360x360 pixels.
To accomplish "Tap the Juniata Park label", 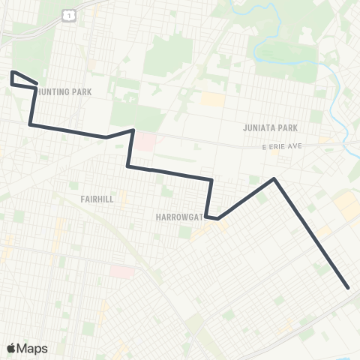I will pyautogui.click(x=271, y=127).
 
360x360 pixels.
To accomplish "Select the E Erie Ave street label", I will pyautogui.click(x=281, y=145).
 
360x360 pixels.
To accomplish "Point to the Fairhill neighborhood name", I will pyautogui.click(x=97, y=199).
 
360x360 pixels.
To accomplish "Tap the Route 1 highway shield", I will pyautogui.click(x=69, y=15).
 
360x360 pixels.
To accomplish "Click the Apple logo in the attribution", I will pyautogui.click(x=11, y=348).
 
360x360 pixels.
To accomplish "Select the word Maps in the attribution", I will pyautogui.click(x=33, y=348).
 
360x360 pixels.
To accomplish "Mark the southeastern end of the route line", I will pyautogui.click(x=349, y=287).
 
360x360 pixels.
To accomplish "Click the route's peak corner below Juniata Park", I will pyautogui.click(x=274, y=178).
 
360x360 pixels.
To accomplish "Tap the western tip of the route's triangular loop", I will pyautogui.click(x=12, y=73).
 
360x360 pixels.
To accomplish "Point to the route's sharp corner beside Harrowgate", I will pyautogui.click(x=217, y=218).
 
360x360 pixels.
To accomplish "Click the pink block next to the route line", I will pyautogui.click(x=146, y=141).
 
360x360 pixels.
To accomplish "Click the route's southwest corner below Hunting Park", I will pyautogui.click(x=30, y=124).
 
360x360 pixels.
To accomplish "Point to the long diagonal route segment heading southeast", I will pyautogui.click(x=311, y=232).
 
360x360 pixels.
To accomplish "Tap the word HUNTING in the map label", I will pyautogui.click(x=56, y=91).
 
